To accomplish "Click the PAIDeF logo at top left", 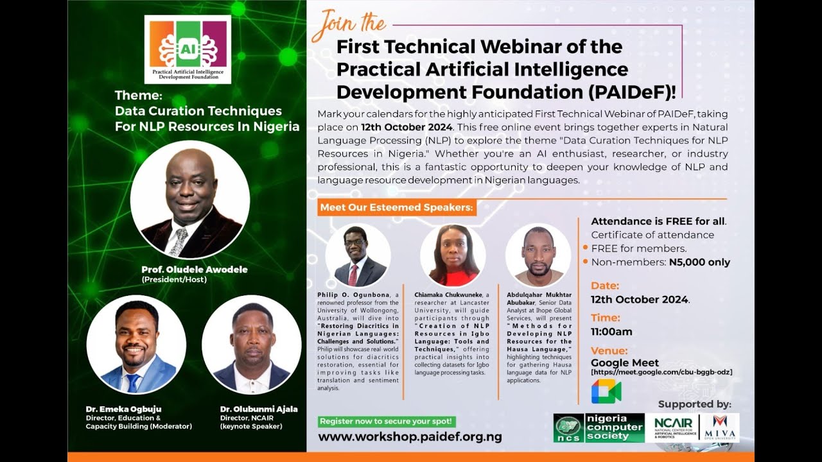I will tap(188, 49).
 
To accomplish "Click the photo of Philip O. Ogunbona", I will tap(358, 255).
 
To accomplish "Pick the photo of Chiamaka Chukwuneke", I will tap(453, 255).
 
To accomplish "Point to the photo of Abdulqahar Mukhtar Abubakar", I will tap(538, 255).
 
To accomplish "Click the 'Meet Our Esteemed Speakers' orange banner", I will tap(397, 207).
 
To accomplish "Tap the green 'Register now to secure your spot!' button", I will tap(387, 422).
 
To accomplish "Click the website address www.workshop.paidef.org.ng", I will tap(410, 437).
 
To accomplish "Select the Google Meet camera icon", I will tap(606, 391).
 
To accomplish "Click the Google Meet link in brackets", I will tap(661, 372).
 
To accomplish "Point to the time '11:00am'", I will tap(611, 332).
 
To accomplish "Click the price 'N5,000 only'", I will tap(699, 262).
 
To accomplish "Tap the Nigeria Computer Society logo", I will tap(599, 428).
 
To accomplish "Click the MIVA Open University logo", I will tap(720, 428).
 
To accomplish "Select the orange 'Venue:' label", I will tap(609, 350).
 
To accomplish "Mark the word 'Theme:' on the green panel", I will tap(139, 95).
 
